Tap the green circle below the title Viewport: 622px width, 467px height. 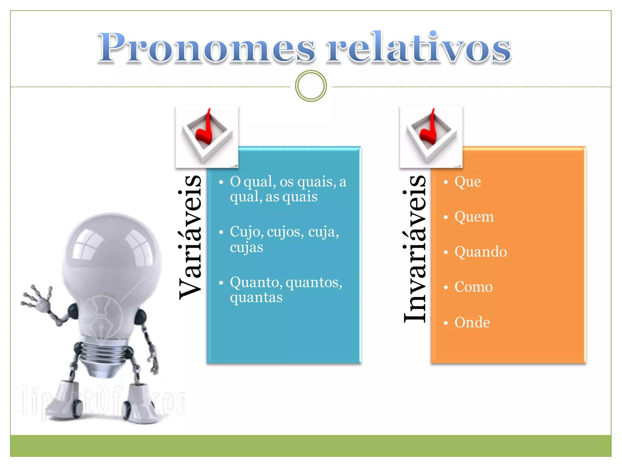click(311, 86)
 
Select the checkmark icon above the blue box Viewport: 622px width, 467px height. click(207, 137)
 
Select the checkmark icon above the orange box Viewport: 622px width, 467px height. click(431, 137)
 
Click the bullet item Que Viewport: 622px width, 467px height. click(467, 182)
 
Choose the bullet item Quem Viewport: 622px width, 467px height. click(474, 217)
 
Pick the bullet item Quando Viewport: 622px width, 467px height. click(480, 252)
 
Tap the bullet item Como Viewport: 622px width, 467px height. click(473, 287)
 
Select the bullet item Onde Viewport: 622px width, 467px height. click(472, 322)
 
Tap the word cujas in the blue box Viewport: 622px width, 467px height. click(246, 247)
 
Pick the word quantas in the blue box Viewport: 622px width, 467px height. click(256, 297)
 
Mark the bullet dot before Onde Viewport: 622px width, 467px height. click(446, 323)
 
